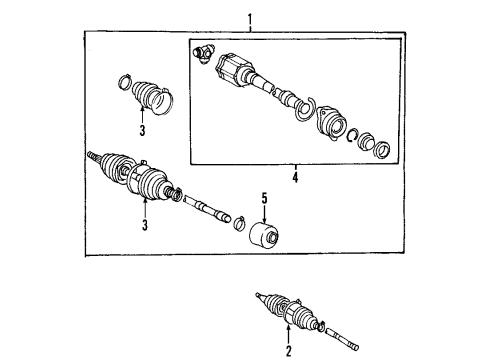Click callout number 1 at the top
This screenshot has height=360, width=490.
click(251, 18)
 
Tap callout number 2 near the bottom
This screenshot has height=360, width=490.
click(288, 351)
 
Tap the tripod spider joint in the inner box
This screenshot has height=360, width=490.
click(205, 52)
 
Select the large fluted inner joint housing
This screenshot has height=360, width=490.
click(237, 70)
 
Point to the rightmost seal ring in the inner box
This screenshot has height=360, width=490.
click(382, 150)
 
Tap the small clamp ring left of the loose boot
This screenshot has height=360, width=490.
click(126, 82)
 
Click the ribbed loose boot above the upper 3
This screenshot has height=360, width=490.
click(151, 97)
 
